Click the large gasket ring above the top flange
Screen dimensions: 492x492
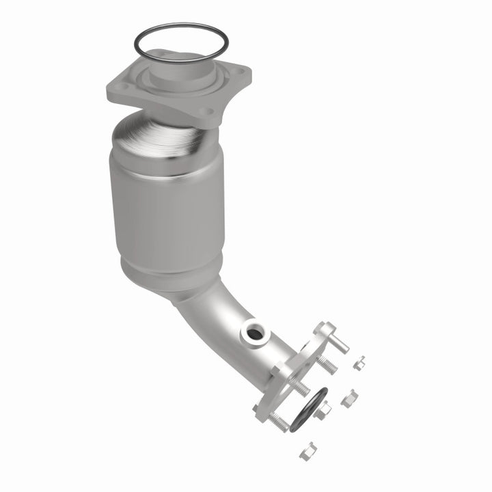pos(180,29)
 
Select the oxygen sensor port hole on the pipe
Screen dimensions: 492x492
pos(254,333)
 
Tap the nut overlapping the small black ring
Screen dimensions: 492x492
pos(323,409)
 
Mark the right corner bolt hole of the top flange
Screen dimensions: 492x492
pos(238,71)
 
